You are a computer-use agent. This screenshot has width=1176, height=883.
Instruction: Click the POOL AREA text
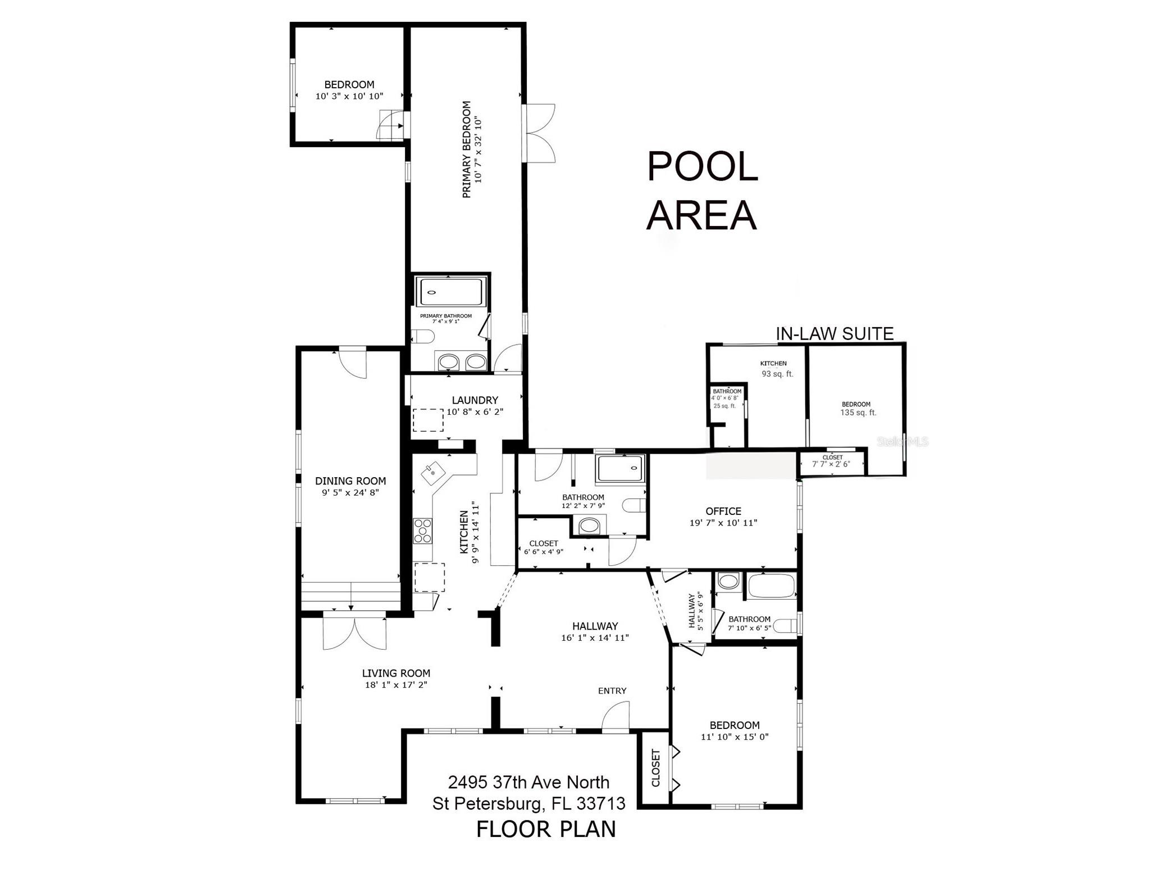point(702,191)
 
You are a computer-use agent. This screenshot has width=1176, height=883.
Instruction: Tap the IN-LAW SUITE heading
point(834,334)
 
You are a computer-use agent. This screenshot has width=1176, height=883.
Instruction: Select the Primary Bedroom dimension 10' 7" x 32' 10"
point(478,150)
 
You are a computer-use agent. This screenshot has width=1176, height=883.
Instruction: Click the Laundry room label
point(475,400)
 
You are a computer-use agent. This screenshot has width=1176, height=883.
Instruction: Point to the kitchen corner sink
point(431,473)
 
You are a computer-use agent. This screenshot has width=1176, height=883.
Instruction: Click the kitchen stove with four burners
point(423,531)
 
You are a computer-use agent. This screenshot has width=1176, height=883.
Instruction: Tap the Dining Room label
point(350,481)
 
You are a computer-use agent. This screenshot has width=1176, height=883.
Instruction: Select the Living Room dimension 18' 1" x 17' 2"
point(396,685)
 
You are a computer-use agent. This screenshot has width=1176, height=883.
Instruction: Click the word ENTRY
point(612,691)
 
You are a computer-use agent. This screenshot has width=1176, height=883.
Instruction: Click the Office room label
point(723,511)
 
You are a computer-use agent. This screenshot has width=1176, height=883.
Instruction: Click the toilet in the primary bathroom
point(422,337)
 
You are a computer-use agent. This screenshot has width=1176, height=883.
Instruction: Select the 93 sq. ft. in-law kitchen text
point(777,374)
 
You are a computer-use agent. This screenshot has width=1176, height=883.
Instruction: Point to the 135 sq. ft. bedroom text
point(858,413)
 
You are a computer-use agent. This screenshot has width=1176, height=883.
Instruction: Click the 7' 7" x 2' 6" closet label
point(831,464)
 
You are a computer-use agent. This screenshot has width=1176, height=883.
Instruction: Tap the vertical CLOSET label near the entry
point(655,768)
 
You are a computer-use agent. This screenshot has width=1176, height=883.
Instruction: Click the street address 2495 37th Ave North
point(528,782)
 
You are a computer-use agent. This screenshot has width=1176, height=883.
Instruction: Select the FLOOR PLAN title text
point(546,830)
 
